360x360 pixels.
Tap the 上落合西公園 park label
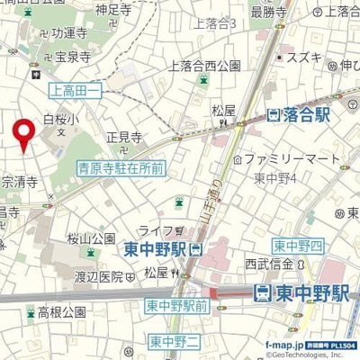204,65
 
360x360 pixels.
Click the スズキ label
304,56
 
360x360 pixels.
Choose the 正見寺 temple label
124,139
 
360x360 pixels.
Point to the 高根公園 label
61,312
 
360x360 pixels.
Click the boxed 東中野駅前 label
176,307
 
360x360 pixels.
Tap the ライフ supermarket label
160,231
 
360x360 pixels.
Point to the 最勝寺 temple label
268,12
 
